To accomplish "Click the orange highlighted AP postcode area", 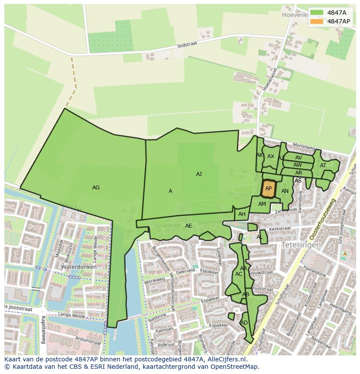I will [268, 189].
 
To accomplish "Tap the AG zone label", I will [96, 188].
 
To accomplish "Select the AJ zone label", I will [199, 174].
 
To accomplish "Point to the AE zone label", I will [188, 226].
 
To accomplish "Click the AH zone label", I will [242, 214].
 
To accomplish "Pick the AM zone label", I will [262, 204].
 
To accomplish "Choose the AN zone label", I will [285, 191].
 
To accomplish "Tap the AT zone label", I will [323, 165].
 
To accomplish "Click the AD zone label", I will [244, 323].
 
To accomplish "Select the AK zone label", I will [260, 155].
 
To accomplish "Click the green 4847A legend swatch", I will [317, 12].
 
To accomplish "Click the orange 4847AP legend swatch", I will [317, 21].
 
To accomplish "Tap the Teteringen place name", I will [301, 245].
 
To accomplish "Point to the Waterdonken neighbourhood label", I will [79, 267].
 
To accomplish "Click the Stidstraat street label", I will [188, 46].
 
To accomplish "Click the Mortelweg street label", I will [303, 146].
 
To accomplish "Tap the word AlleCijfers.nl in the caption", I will [226, 359].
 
